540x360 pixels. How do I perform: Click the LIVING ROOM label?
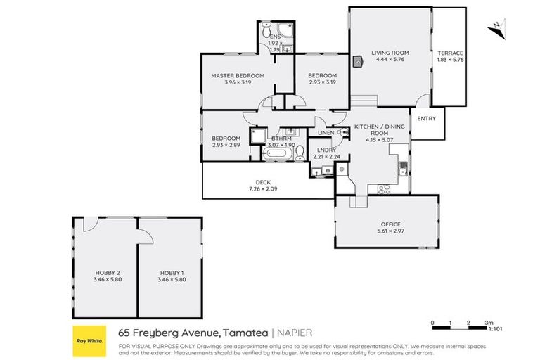coord(390,53)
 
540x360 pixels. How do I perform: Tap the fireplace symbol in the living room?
coord(359,61)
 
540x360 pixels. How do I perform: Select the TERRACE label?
coord(450,53)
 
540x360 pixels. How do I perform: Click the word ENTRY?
coord(426,118)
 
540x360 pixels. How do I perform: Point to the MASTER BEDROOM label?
coord(238,75)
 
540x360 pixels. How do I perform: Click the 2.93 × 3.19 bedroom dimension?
coord(323,82)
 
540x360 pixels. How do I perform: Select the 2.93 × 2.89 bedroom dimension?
coord(226,145)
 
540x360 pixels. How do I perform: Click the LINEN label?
coord(326,132)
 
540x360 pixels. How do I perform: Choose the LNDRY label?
coord(325,150)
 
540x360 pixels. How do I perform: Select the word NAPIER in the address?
coord(295,333)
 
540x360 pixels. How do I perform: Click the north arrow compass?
coord(495,27)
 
